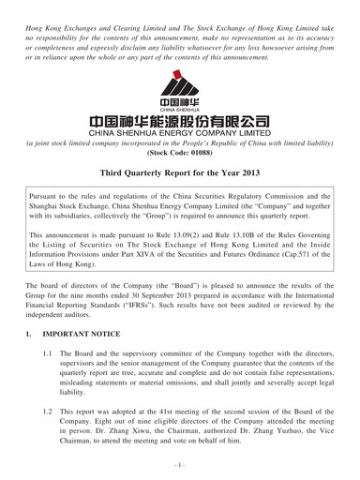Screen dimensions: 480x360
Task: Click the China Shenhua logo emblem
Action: click(180, 92)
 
